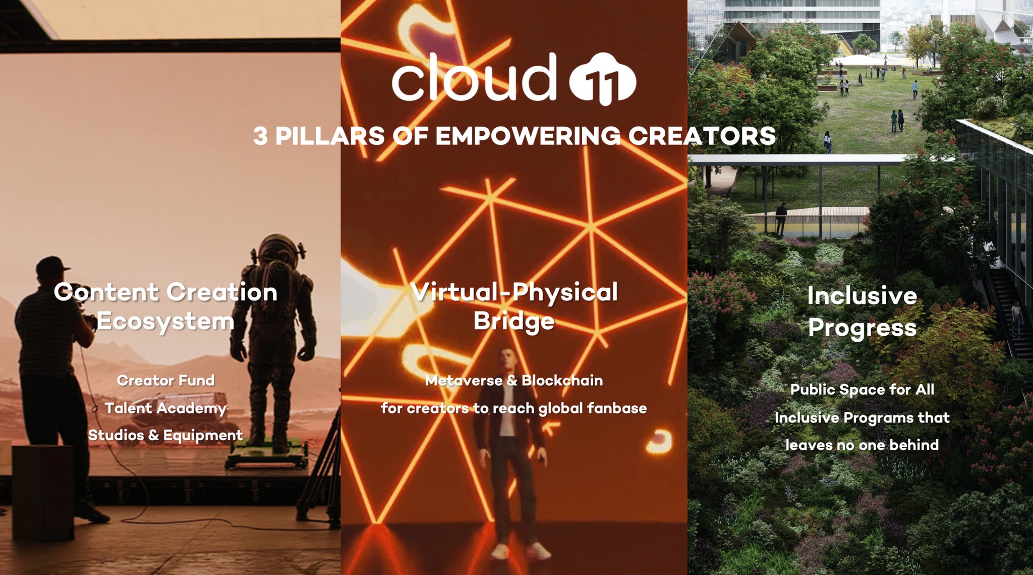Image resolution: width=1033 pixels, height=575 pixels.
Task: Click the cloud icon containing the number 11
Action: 603,79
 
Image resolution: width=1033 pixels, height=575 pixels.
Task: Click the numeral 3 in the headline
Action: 260,136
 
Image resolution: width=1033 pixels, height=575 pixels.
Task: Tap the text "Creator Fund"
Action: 166,380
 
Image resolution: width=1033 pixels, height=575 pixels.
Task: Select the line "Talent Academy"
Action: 166,408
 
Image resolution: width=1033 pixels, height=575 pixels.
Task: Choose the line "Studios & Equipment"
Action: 165,435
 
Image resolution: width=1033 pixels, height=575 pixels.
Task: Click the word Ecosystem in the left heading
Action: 165,322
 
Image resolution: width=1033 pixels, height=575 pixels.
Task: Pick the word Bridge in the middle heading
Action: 514,322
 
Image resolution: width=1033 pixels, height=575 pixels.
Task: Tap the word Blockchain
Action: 562,380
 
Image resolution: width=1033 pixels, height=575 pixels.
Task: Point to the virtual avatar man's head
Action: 508,360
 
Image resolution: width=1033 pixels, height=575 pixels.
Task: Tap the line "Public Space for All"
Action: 862,389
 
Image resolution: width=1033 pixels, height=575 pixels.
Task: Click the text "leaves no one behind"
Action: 862,445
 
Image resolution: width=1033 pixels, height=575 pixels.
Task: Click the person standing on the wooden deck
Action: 781,219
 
